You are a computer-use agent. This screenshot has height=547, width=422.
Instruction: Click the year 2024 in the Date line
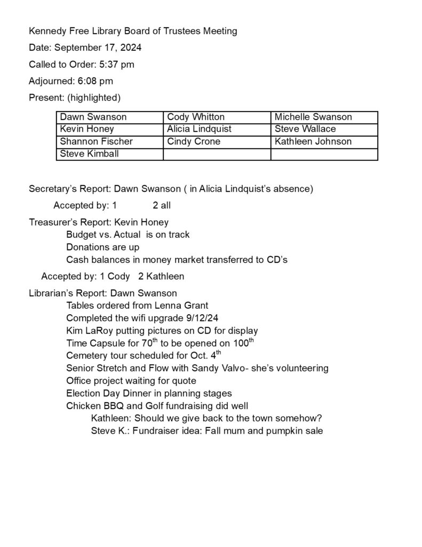click(x=130, y=48)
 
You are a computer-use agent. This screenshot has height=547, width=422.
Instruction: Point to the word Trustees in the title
click(x=179, y=31)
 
